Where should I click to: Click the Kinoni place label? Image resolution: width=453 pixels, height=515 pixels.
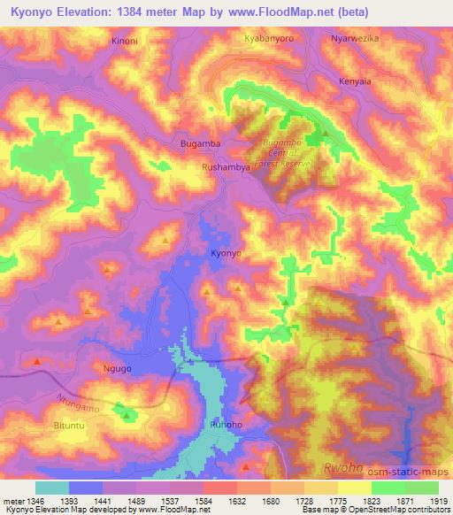click(x=127, y=42)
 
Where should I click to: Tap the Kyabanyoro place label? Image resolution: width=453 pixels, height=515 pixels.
click(x=269, y=40)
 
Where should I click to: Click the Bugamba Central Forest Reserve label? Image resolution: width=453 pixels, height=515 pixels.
click(x=285, y=153)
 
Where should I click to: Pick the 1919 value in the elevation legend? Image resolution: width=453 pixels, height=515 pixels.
click(x=440, y=500)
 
